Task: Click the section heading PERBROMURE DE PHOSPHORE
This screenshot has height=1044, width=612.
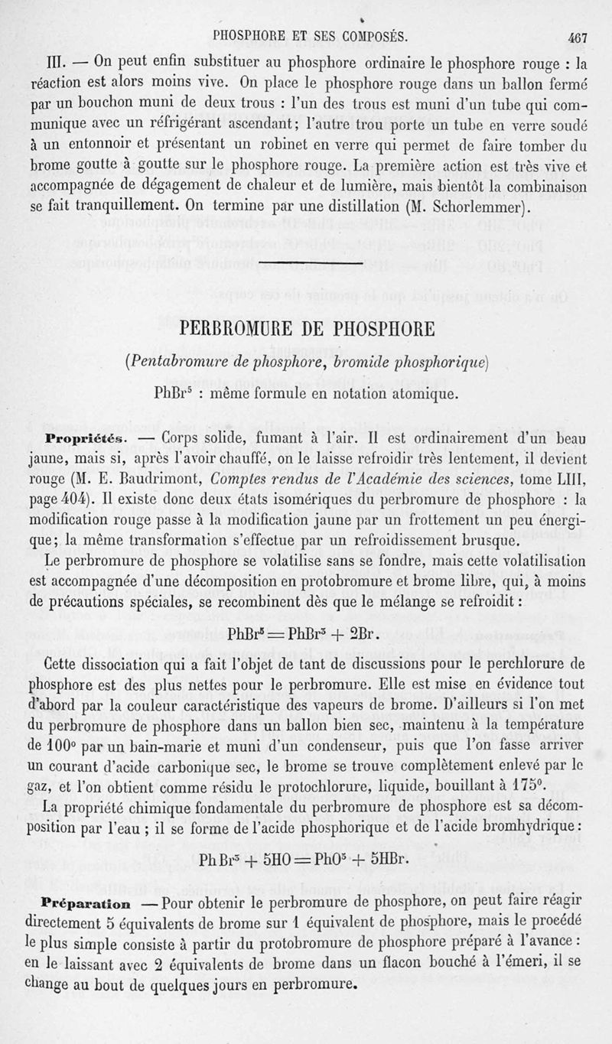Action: (307, 330)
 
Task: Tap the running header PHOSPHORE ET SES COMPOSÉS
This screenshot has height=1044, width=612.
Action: (310, 35)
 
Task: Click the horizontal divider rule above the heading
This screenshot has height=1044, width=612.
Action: (310, 265)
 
